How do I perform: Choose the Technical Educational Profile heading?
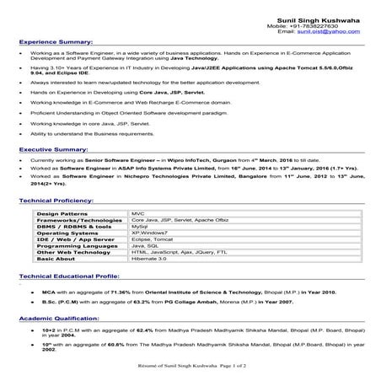pyautogui.click(x=68, y=276)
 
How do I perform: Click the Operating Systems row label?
pyautogui.click(x=67, y=233)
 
